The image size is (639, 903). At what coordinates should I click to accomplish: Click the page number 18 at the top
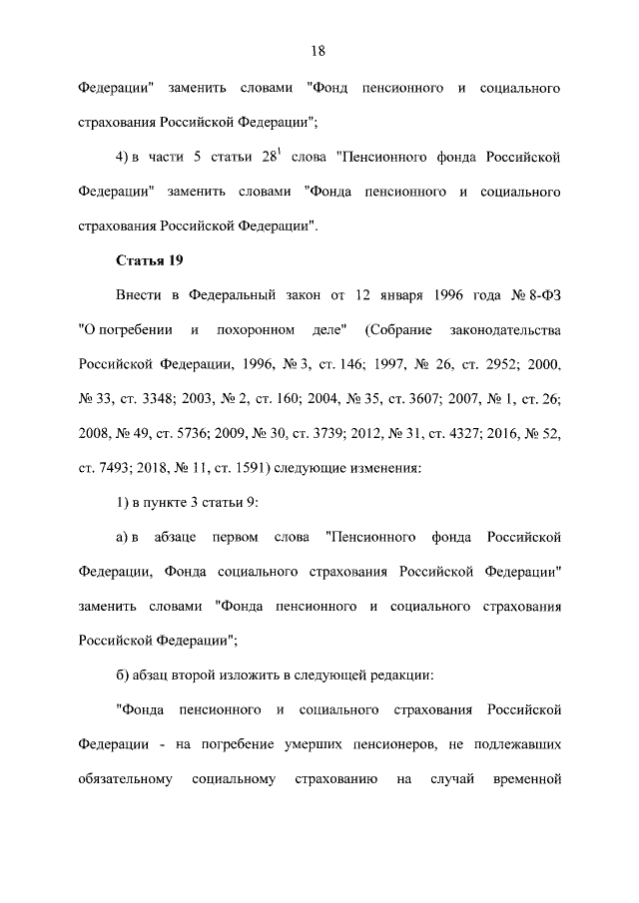319,51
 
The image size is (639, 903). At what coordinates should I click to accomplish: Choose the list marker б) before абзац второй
124,675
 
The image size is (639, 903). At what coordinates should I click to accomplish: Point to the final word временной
526,778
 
